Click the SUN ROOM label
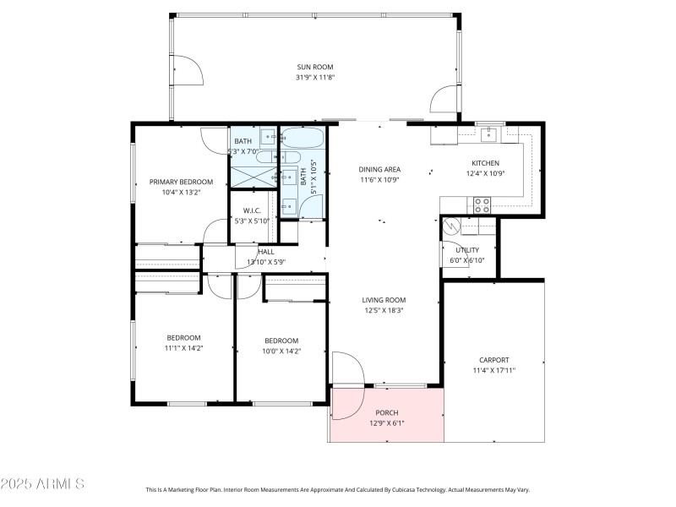click(314, 67)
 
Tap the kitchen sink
click(489, 133)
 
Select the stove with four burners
click(481, 204)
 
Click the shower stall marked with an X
click(253, 176)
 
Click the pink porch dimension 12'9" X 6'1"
click(386, 423)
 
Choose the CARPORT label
click(494, 360)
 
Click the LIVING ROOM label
click(384, 300)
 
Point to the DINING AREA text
click(379, 169)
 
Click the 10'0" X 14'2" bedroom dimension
click(281, 351)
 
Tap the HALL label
click(266, 251)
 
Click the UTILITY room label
click(467, 250)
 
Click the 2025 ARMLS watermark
click(42, 484)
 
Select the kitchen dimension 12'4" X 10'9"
click(485, 174)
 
